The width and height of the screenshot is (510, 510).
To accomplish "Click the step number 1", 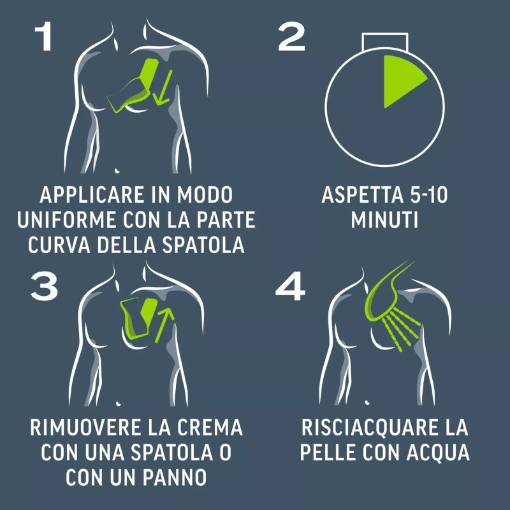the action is (43, 36).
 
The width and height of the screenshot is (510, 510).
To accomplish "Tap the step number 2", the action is (291, 36).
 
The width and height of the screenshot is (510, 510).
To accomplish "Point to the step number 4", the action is (290, 286).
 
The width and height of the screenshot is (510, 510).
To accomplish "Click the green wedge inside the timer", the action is (400, 80).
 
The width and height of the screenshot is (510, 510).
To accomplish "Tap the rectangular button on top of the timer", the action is (385, 41).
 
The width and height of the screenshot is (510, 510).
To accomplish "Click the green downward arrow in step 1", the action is (163, 88).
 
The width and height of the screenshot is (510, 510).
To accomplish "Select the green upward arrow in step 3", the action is (164, 325).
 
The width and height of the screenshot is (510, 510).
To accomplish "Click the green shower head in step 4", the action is (384, 293).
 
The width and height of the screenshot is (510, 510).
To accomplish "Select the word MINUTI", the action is (384, 220).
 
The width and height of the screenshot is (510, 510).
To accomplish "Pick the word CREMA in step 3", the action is (210, 427).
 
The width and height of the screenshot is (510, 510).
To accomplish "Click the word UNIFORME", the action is (67, 220).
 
